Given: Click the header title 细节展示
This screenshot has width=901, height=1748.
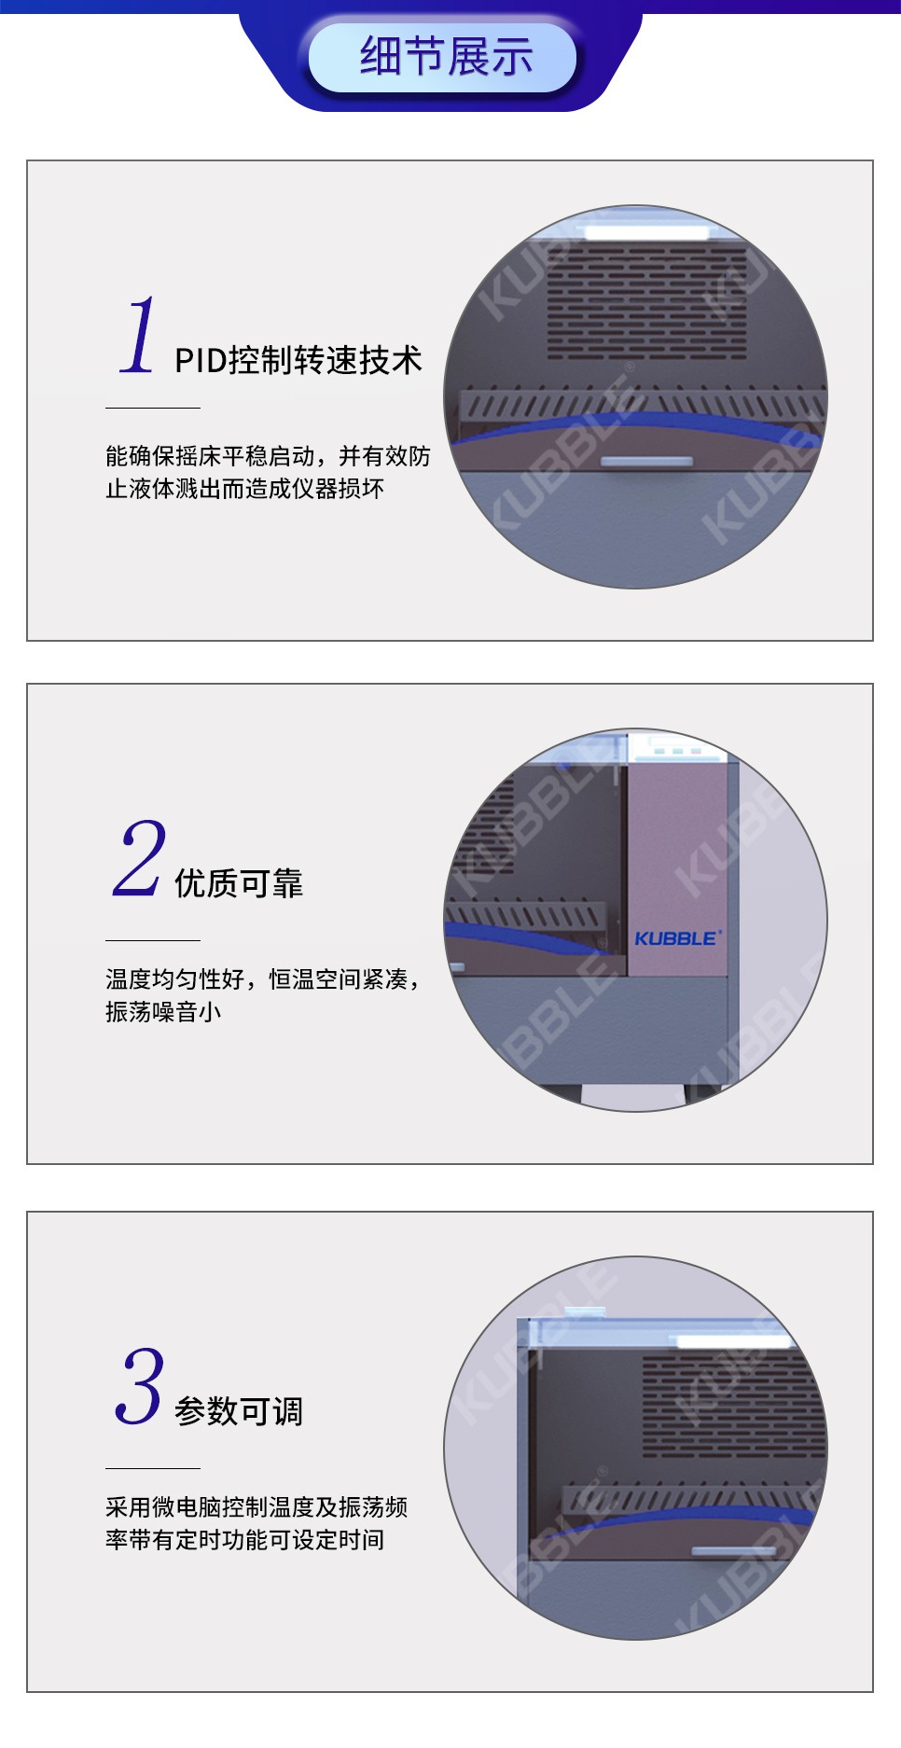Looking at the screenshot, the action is [x=446, y=56].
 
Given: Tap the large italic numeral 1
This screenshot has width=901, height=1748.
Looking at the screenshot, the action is [x=138, y=335].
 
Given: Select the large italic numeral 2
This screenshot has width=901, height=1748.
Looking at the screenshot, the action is [x=139, y=858].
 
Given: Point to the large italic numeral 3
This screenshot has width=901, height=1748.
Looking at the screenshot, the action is [x=140, y=1386].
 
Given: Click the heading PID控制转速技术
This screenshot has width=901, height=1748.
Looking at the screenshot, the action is [x=298, y=360].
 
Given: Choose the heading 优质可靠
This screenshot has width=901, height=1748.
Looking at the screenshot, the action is [x=239, y=883].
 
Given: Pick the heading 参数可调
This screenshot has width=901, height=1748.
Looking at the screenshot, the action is [x=239, y=1411].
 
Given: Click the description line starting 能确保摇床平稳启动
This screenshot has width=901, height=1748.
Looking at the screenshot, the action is [x=268, y=456].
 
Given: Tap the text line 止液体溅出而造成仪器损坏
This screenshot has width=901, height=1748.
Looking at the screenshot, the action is [x=244, y=489].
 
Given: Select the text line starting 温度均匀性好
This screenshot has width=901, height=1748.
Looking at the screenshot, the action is [x=262, y=979].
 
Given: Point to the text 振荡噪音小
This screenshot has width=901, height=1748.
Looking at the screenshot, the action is [x=163, y=1012].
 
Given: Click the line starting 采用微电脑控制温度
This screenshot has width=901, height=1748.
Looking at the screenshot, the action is [x=256, y=1507].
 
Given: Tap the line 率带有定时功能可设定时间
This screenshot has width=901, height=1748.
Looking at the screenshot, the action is [x=244, y=1540].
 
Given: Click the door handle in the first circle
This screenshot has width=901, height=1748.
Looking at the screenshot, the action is [x=646, y=462].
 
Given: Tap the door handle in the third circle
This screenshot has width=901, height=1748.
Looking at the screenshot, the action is [x=734, y=1551].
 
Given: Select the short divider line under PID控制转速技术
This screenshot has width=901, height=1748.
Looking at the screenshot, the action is [x=153, y=408].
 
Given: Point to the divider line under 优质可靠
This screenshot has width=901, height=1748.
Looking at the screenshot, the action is [x=153, y=940].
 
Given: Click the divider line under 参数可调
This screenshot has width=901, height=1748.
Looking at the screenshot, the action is [x=153, y=1468].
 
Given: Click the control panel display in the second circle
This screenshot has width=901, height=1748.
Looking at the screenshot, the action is [x=676, y=749].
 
